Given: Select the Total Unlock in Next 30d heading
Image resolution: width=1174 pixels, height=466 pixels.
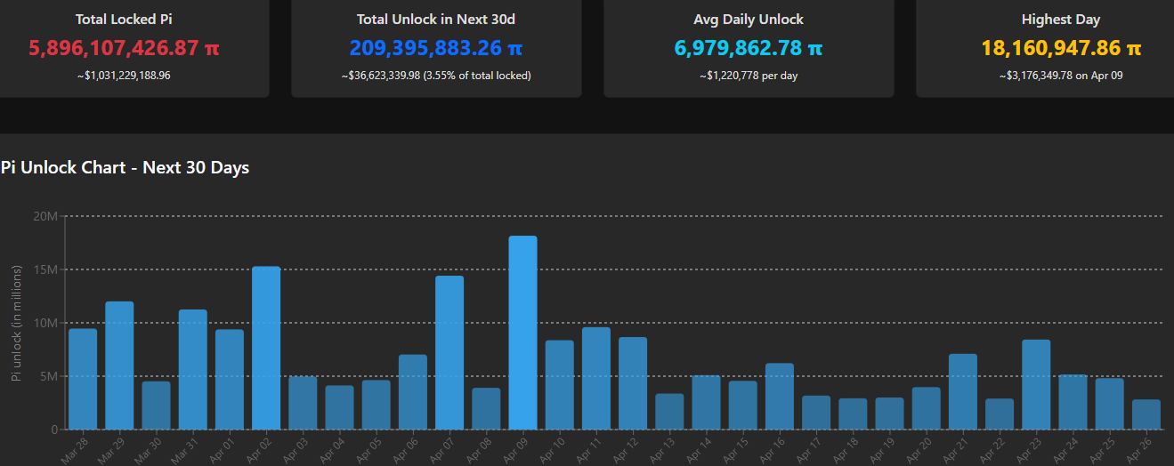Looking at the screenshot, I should click(x=436, y=19).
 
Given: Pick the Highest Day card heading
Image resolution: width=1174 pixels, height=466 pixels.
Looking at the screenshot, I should click(x=1061, y=19).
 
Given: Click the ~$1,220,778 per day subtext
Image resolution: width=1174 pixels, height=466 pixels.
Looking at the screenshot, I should click(x=749, y=76).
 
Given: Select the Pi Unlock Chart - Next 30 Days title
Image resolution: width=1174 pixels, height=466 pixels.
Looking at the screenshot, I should click(x=125, y=167).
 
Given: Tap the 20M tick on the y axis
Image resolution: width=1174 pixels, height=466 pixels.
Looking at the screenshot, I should click(x=45, y=216).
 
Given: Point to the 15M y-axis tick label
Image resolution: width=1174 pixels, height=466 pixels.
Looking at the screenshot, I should click(x=45, y=269).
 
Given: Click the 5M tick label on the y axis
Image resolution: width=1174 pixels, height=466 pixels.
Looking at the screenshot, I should click(x=48, y=376).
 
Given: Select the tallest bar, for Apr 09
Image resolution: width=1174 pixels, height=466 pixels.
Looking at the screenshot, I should click(x=522, y=333).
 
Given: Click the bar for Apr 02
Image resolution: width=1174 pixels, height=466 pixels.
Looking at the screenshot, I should click(x=266, y=348).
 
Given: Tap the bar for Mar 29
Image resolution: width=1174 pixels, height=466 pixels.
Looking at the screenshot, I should click(x=119, y=366).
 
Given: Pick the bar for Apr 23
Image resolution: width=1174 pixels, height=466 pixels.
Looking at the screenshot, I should click(x=1036, y=384).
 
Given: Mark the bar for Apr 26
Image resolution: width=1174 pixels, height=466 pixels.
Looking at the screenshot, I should click(x=1146, y=414).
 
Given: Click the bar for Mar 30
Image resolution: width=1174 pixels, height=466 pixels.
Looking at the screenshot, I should click(x=156, y=406).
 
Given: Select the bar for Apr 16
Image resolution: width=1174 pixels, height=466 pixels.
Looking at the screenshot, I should click(x=780, y=396).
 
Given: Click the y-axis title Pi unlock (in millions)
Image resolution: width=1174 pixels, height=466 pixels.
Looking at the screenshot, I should click(x=16, y=323).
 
